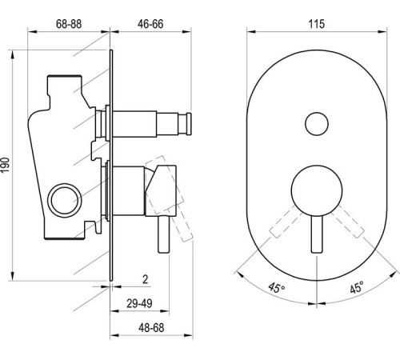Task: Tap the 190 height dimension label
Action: pyautogui.click(x=7, y=165)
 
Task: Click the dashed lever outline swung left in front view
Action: pyautogui.click(x=285, y=222)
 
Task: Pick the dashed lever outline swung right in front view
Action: pyautogui.click(x=345, y=222)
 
